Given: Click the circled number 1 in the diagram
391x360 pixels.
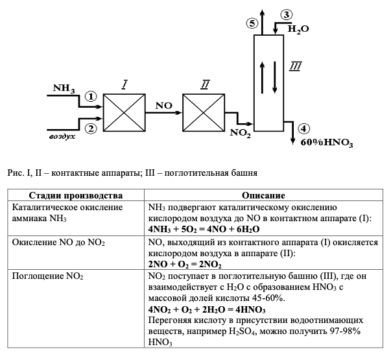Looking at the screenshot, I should (x=90, y=97).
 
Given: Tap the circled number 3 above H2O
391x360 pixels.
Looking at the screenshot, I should (x=286, y=15).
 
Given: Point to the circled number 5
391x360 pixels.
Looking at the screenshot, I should (x=252, y=23).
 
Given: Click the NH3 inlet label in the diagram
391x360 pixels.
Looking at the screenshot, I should (x=65, y=88).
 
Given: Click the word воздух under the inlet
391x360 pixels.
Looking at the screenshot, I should (x=63, y=138).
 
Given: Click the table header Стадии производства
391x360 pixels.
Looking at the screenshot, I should (x=76, y=195).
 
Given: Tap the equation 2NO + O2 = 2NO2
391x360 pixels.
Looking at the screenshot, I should (x=185, y=264).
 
